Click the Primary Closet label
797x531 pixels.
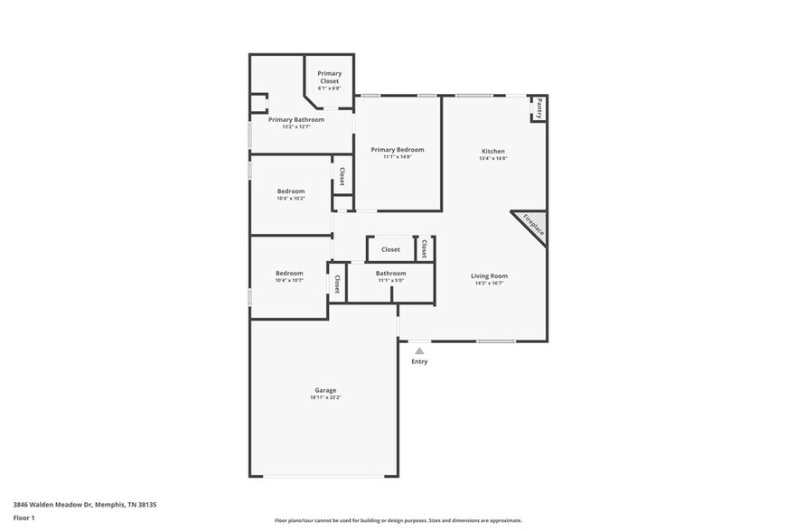coord(329,76)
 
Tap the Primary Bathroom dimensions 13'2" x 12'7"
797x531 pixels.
coord(295,127)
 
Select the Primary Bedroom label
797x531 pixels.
coord(398,150)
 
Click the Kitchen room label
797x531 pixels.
coord(492,151)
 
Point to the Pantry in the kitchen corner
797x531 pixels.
coord(539,109)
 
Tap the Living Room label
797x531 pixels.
coord(489,275)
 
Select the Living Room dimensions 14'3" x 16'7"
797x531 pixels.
coord(489,284)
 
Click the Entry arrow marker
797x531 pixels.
coord(418,350)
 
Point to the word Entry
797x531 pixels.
coord(419,362)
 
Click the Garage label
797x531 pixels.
coord(325,390)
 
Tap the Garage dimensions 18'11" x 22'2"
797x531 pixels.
coord(325,397)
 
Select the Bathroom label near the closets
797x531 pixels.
coord(390,273)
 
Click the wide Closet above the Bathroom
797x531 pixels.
coord(390,249)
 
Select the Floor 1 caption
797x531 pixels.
coord(23,517)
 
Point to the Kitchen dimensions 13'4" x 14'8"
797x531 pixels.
coord(492,159)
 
